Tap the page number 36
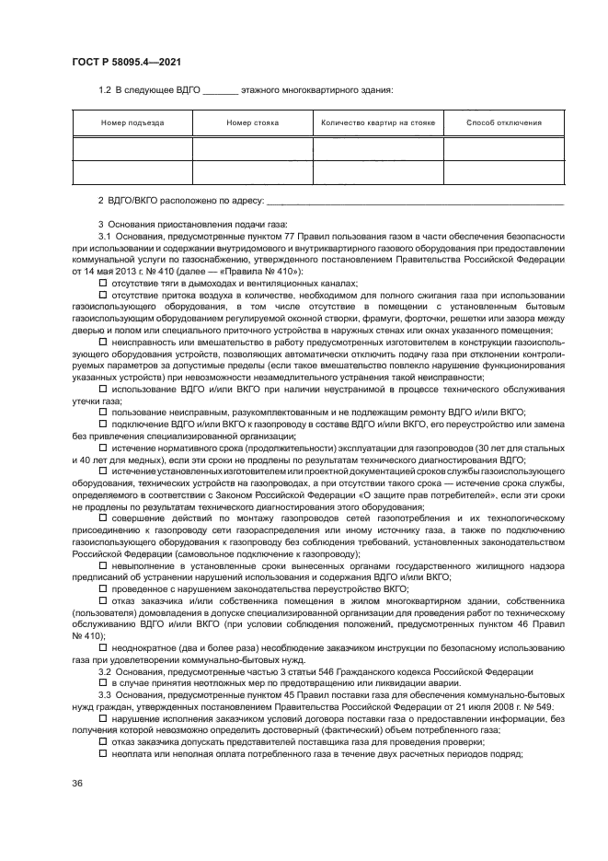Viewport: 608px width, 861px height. point(77,783)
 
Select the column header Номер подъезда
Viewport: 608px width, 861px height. point(132,122)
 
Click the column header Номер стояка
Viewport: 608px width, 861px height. point(253,122)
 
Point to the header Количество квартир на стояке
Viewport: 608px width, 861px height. point(378,122)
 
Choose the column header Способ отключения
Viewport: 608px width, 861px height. point(503,122)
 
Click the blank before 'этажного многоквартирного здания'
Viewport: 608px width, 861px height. point(219,90)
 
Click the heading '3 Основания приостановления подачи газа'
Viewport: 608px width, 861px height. point(193,225)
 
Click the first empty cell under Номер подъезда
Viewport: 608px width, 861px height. point(132,148)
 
